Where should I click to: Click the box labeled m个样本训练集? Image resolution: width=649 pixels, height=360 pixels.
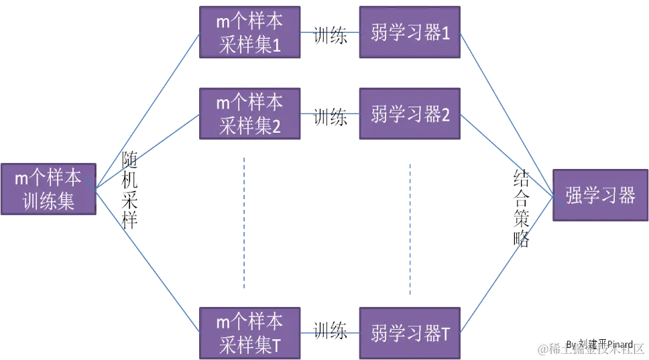click(48, 189)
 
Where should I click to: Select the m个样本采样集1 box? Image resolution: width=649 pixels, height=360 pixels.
click(250, 32)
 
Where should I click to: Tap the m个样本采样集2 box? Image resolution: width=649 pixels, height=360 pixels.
click(250, 114)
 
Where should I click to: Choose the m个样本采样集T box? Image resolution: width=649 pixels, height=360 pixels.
click(250, 332)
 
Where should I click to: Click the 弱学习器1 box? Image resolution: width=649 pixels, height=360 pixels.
click(410, 32)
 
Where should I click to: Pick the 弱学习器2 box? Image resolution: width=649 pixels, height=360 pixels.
click(410, 114)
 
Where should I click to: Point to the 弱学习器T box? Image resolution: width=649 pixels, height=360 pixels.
click(410, 332)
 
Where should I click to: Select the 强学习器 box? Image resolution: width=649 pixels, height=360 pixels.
click(600, 195)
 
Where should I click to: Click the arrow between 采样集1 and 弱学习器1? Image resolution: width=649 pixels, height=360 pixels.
click(330, 32)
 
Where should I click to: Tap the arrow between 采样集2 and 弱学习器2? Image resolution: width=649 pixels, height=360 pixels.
click(330, 114)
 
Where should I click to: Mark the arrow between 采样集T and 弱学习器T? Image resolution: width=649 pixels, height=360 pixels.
click(330, 331)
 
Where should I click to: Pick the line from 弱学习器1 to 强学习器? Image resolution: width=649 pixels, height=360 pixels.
click(506, 114)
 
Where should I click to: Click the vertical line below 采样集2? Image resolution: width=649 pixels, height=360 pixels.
click(244, 221)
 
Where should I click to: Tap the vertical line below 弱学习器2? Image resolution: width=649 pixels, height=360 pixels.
click(409, 228)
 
